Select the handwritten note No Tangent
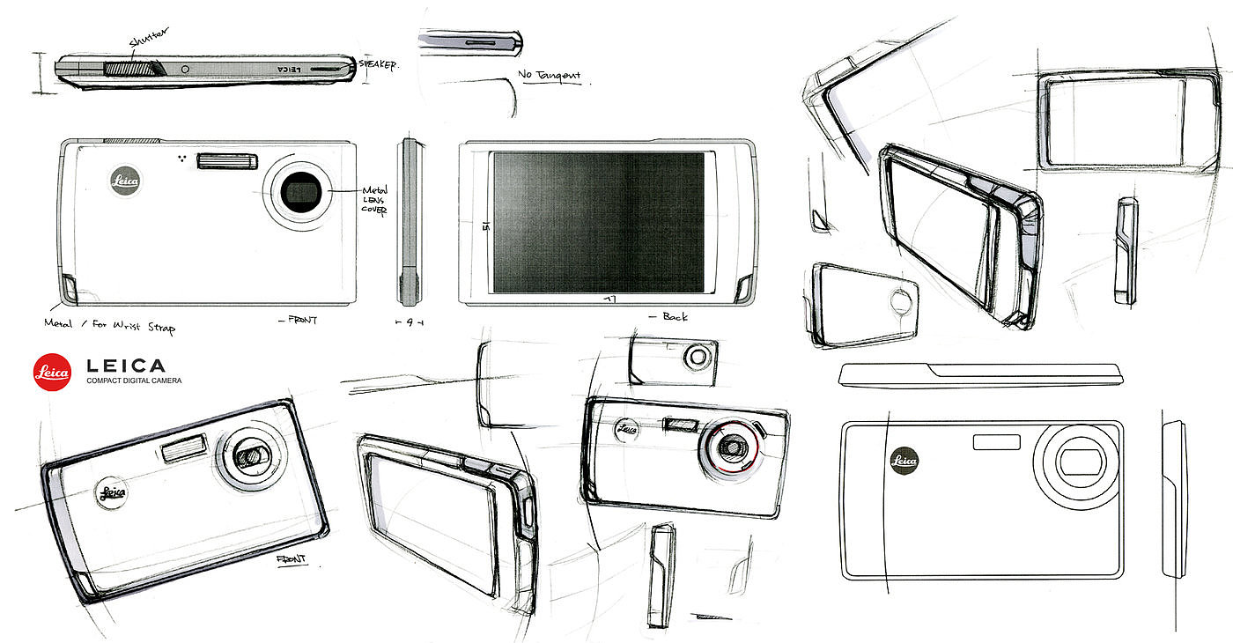click(x=549, y=76)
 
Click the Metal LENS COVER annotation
click(x=374, y=200)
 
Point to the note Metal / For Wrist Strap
click(x=109, y=326)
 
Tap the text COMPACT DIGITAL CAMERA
click(x=134, y=381)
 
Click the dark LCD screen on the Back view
click(x=599, y=222)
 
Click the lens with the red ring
click(x=730, y=447)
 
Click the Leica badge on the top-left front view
click(x=124, y=181)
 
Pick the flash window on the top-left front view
click(x=228, y=160)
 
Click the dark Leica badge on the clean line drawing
click(x=904, y=460)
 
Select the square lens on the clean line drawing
click(x=1076, y=461)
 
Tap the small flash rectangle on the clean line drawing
click(x=996, y=441)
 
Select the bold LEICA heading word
click(x=125, y=365)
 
